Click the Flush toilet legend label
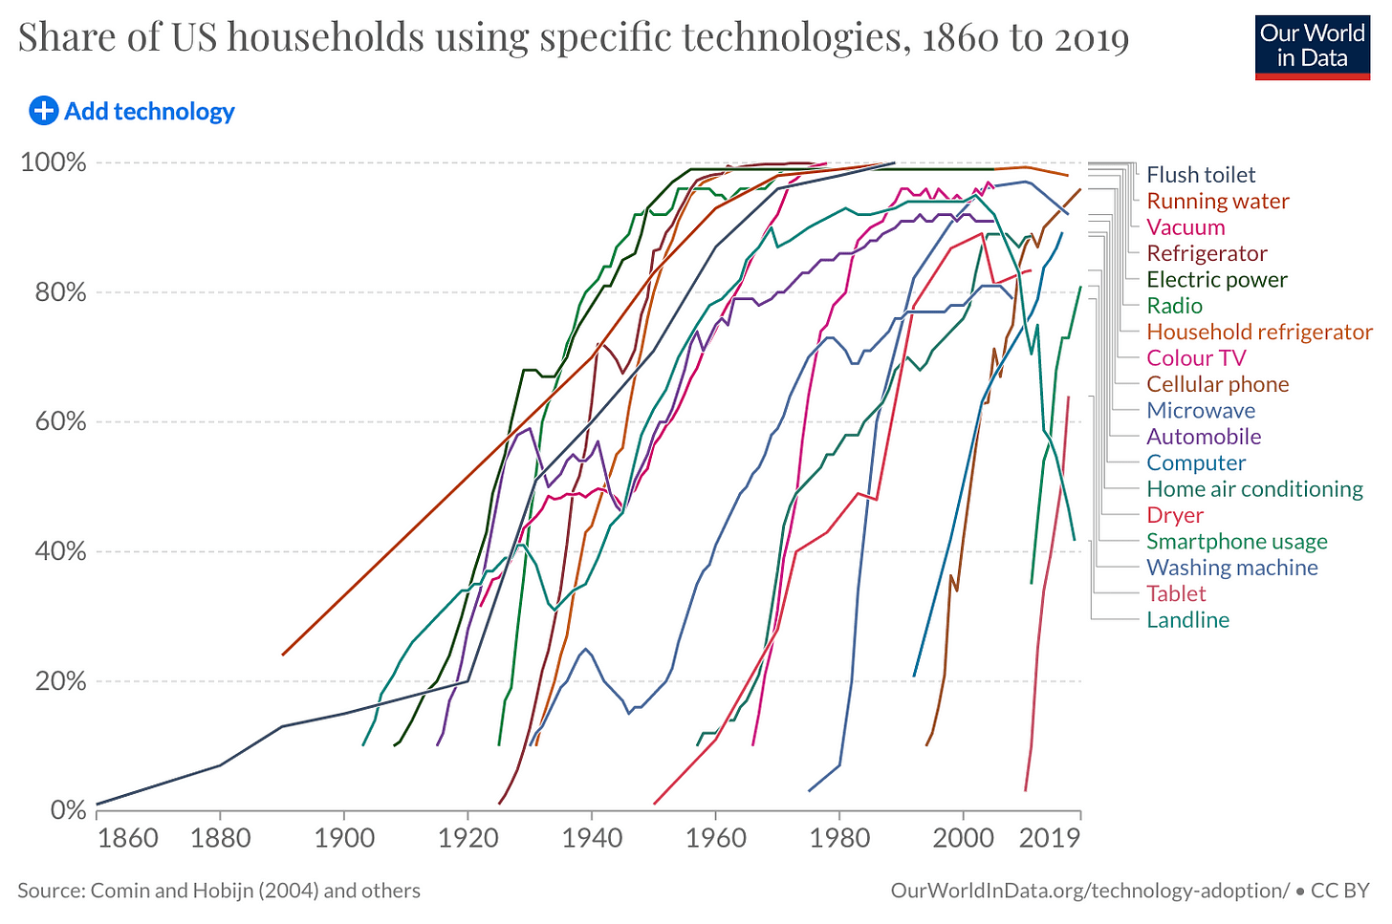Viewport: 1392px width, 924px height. [x=1201, y=175]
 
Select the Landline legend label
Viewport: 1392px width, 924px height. [x=1188, y=620]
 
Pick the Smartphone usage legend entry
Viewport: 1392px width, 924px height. [x=1237, y=542]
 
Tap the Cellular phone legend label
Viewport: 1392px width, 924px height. [x=1218, y=384]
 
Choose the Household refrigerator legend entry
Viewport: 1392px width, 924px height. [x=1259, y=333]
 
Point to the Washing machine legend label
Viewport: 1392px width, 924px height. [x=1232, y=568]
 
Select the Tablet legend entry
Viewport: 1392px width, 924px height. [x=1176, y=593]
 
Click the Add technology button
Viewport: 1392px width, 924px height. [x=149, y=112]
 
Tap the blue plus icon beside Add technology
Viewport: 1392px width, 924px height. [x=43, y=111]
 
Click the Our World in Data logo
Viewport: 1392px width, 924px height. [x=1312, y=46]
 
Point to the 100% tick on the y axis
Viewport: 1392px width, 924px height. [x=54, y=162]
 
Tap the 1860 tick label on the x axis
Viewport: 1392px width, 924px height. [x=127, y=839]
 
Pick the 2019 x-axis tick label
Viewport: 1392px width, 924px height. [x=1049, y=839]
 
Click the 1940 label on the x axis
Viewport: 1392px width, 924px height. [x=592, y=839]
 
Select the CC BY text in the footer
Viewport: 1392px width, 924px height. [x=1339, y=891]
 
